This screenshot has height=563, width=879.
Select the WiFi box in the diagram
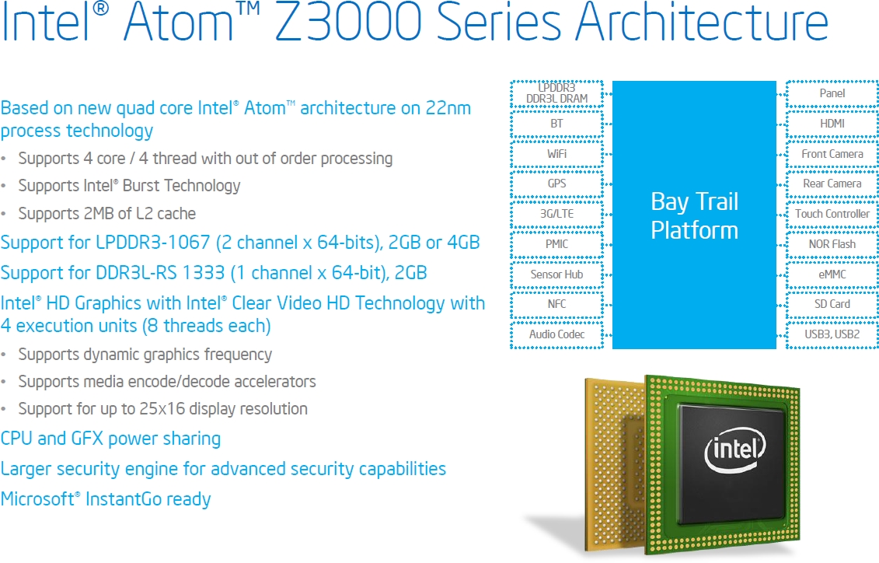coord(556,154)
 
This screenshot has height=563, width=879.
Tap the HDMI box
coord(832,124)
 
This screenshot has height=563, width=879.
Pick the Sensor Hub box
coord(556,275)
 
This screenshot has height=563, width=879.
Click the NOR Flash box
coord(832,244)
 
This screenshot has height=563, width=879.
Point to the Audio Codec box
coord(556,334)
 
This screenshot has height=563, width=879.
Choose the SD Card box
coord(832,304)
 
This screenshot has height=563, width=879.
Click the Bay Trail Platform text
coord(695,216)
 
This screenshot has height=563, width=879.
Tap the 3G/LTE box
coord(556,214)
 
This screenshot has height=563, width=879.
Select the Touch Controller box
coord(832,214)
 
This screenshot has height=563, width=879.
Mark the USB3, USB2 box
coord(832,334)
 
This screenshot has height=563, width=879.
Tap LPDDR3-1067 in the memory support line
coord(152,243)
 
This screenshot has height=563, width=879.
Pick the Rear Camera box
coord(832,184)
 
